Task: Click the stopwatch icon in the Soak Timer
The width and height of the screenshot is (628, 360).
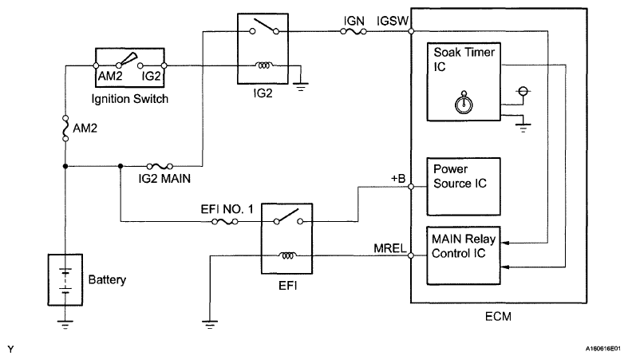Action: pyautogui.click(x=464, y=102)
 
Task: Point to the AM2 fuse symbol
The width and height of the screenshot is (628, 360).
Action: pyautogui.click(x=65, y=129)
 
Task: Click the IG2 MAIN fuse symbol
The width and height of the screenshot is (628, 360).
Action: pyautogui.click(x=160, y=166)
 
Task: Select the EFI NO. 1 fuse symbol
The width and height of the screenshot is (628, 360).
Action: pyautogui.click(x=225, y=221)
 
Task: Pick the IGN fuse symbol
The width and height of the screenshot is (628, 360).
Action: pyautogui.click(x=353, y=31)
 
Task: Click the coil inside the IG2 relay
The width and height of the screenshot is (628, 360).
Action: pyautogui.click(x=263, y=65)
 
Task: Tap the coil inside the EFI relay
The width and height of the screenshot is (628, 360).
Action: pyautogui.click(x=287, y=255)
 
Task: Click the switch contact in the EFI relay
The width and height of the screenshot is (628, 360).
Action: pyautogui.click(x=288, y=216)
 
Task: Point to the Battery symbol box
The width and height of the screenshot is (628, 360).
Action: pyautogui.click(x=65, y=279)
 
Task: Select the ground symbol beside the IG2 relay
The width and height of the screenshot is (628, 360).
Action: pyautogui.click(x=301, y=87)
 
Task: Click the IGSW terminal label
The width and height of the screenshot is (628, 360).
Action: pyautogui.click(x=392, y=21)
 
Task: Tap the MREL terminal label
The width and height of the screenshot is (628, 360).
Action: pyautogui.click(x=390, y=248)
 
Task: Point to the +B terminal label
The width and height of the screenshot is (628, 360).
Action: pyautogui.click(x=398, y=179)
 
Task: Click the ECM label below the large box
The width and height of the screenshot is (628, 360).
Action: pyautogui.click(x=498, y=316)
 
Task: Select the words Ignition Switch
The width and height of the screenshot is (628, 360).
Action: pyautogui.click(x=130, y=99)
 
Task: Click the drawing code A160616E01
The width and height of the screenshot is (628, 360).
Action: pyautogui.click(x=602, y=349)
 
